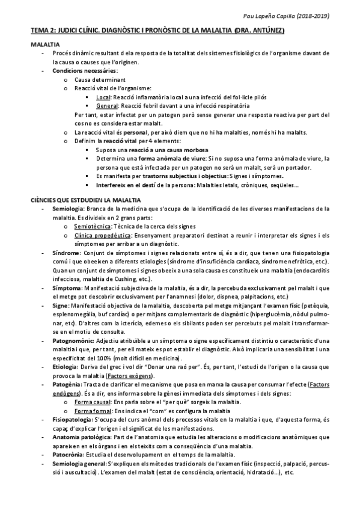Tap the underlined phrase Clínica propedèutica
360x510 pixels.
click(103, 236)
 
